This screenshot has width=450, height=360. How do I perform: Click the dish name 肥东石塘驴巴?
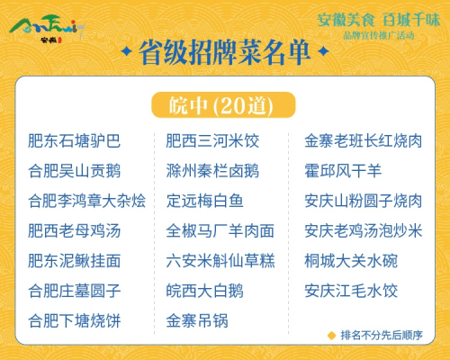tap(74, 140)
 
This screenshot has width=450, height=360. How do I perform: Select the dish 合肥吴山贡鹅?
tap(74, 171)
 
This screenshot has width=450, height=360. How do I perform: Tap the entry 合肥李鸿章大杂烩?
tap(87, 201)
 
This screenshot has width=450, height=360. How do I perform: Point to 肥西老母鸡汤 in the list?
tap(74, 230)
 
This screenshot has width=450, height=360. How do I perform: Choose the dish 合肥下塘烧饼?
tap(74, 320)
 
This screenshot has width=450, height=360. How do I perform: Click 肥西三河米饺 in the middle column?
tap(212, 140)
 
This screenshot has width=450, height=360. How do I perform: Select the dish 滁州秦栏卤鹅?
tap(212, 171)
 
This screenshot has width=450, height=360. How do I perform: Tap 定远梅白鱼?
tap(204, 201)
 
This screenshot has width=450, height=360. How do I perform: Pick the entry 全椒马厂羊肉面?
tap(220, 230)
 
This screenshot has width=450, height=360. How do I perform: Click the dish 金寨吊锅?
tap(197, 320)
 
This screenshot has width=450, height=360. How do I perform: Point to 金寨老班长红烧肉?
tap(364, 140)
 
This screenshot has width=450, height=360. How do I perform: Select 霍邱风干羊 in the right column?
tap(343, 171)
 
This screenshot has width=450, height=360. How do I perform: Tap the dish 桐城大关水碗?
tap(351, 261)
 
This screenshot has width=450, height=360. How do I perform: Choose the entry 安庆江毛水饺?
tap(351, 291)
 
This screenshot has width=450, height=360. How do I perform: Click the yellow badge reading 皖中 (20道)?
tap(223, 105)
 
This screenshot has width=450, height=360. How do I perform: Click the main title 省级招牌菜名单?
tap(224, 52)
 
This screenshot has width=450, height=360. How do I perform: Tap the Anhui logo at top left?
tap(48, 29)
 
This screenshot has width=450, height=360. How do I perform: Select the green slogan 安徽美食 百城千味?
tap(379, 20)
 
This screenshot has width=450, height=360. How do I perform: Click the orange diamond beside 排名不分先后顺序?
tap(331, 336)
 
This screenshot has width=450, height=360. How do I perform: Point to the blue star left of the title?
tap(127, 51)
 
